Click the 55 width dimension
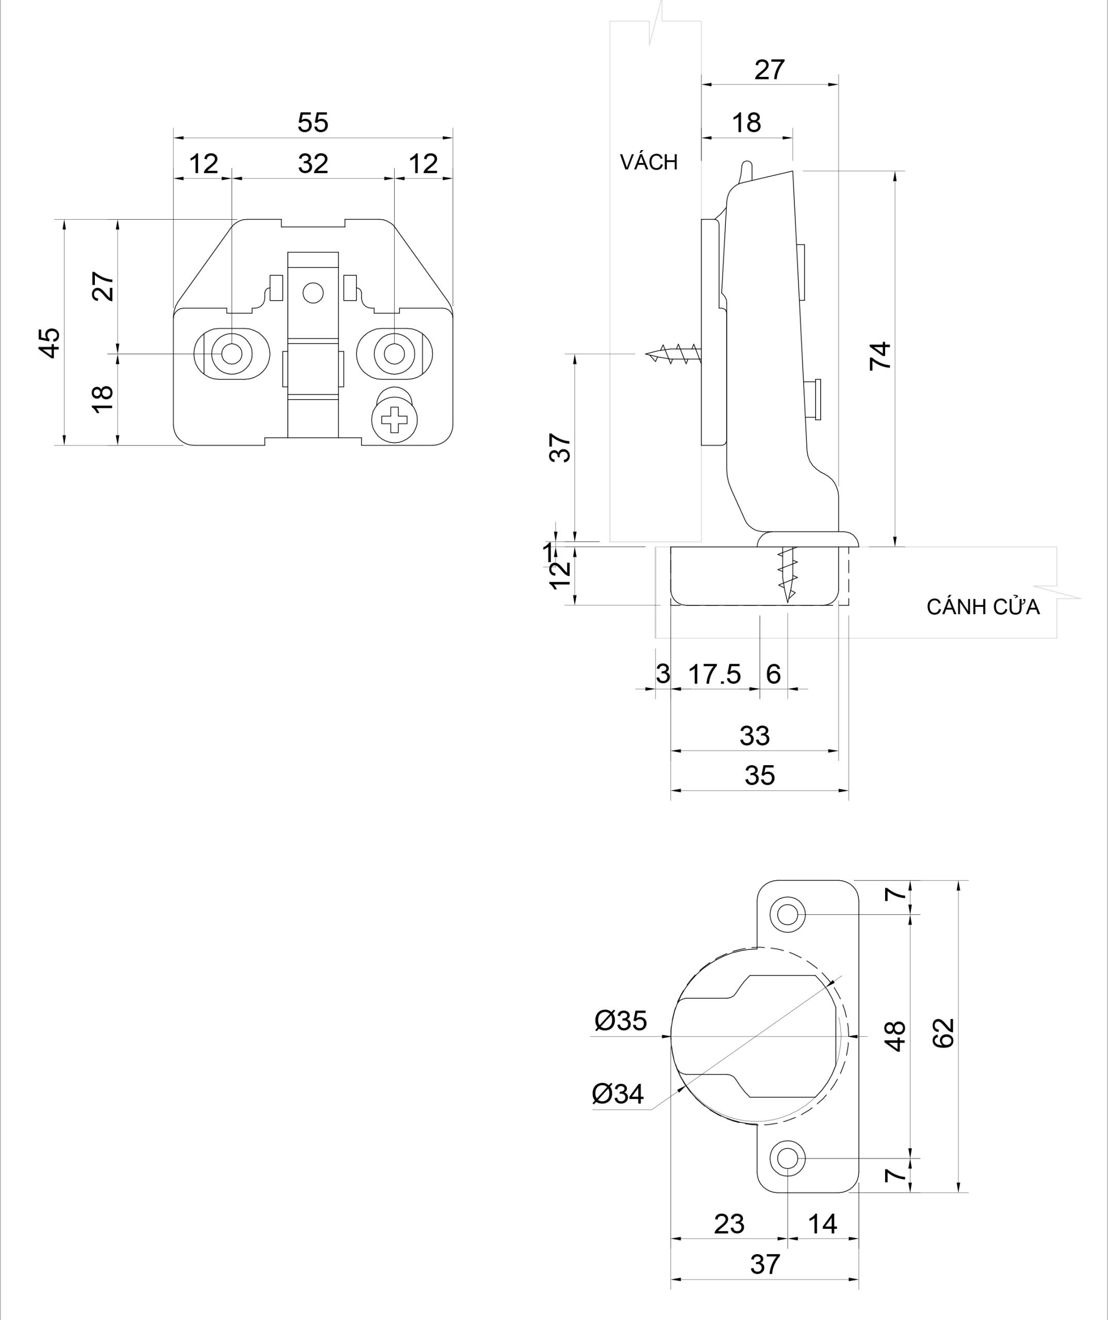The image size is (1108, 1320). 313,123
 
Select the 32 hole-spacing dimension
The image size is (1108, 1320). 313,164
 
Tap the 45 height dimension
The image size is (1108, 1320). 51,342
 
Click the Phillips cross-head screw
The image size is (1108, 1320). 394,420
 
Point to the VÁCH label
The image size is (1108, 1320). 648,162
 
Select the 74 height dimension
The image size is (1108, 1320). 881,356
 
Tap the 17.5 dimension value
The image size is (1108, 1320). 714,674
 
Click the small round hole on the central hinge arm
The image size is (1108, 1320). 313,292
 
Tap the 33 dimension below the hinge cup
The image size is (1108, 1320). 755,735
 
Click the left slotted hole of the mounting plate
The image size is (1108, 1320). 232,354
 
